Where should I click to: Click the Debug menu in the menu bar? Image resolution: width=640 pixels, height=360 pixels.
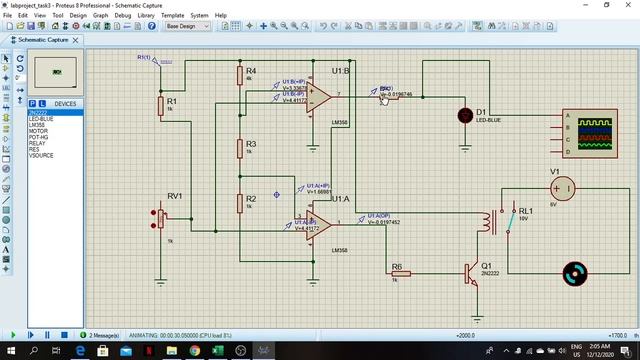123,16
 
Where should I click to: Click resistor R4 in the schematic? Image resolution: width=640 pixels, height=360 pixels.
239,76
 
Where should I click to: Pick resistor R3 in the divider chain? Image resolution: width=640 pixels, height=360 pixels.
239,149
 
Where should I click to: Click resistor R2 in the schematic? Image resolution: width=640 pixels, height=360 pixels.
239,203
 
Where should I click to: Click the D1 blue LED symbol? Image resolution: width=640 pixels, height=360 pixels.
465,115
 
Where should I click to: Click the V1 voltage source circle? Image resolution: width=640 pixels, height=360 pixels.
562,187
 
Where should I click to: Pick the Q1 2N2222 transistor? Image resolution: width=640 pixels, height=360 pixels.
471,273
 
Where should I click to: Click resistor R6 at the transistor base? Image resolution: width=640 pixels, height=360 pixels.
397,273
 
